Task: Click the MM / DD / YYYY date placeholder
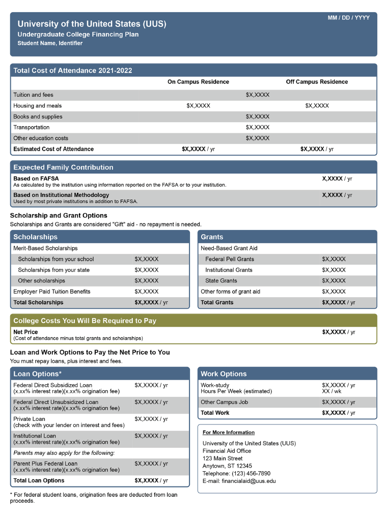(348, 18)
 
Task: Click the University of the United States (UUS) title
(92, 24)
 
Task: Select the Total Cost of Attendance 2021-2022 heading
(72, 70)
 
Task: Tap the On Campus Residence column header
(198, 82)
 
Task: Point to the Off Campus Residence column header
(317, 82)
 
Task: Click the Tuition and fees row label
(33, 95)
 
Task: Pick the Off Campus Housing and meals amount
(317, 106)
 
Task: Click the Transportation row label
(32, 127)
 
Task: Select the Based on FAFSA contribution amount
(337, 179)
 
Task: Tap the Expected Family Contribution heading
(63, 167)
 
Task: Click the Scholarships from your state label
(53, 270)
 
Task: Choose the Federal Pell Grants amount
(334, 259)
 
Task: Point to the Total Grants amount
(338, 302)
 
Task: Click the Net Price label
(25, 332)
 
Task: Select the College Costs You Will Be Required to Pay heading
(85, 321)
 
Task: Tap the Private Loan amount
(151, 419)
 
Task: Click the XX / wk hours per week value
(331, 391)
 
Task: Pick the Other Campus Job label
(224, 402)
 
